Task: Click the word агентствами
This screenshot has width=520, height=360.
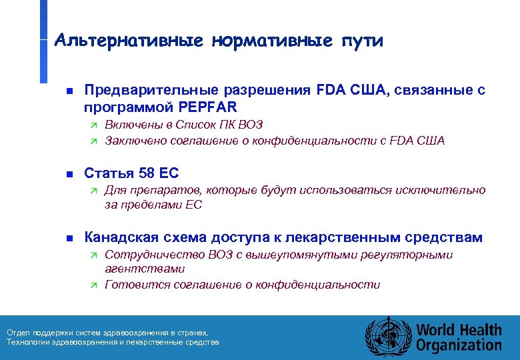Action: pos(145,269)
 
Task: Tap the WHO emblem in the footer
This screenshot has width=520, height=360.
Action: pos(386,337)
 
